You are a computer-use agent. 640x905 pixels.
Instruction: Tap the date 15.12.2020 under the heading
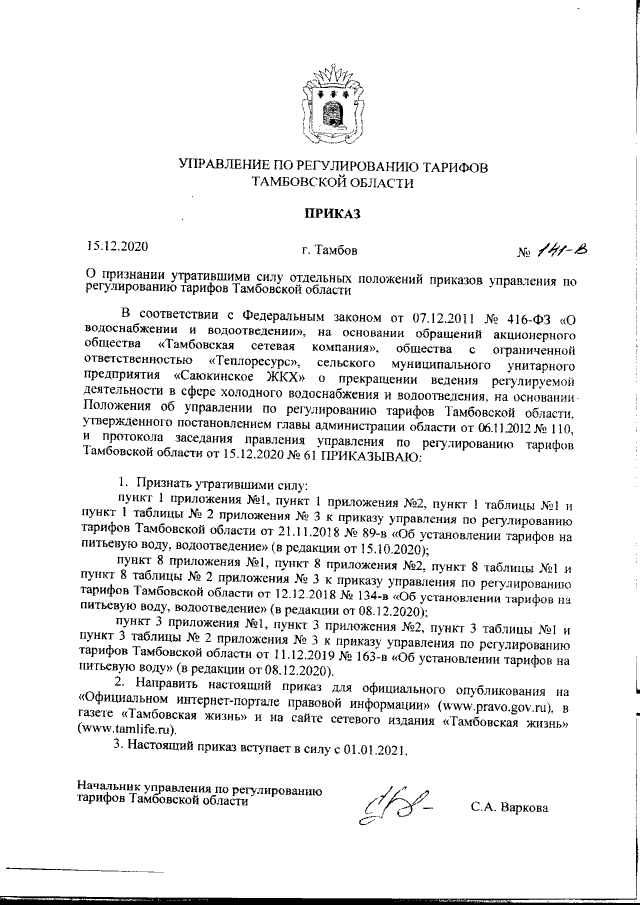click(x=116, y=245)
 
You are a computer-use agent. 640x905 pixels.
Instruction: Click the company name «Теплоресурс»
click(x=250, y=360)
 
